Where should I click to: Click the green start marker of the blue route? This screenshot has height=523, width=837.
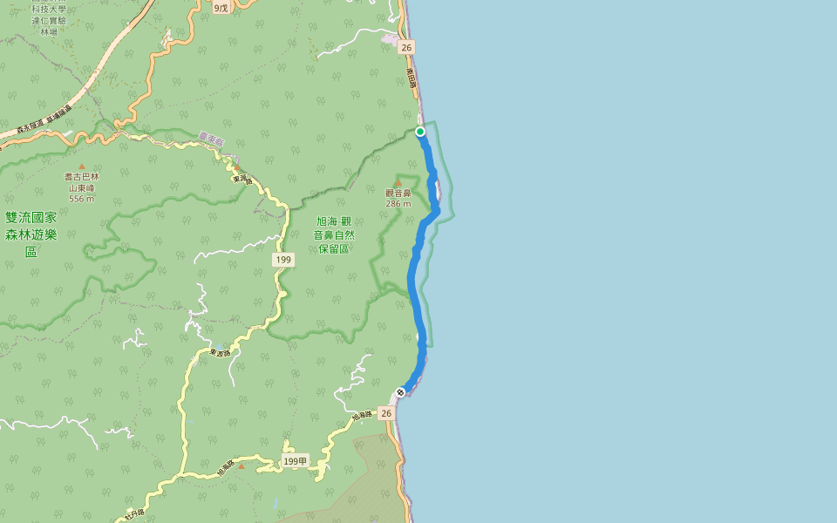click(x=420, y=132)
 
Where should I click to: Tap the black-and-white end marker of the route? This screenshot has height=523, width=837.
click(x=400, y=392)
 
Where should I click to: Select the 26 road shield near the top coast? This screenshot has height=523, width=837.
click(x=406, y=47)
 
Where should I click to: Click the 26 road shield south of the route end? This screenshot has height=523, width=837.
click(x=385, y=413)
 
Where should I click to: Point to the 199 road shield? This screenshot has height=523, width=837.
click(x=282, y=260)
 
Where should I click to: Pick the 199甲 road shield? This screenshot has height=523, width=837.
click(x=296, y=460)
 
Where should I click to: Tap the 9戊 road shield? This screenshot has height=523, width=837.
click(x=221, y=7)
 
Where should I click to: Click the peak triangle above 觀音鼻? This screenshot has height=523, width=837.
click(x=398, y=183)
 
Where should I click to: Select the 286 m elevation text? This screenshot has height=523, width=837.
click(x=398, y=204)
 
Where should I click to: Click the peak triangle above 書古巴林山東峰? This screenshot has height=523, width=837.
click(x=82, y=166)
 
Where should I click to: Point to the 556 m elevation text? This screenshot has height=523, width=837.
click(x=81, y=198)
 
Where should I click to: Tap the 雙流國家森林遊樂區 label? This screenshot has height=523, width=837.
click(x=31, y=234)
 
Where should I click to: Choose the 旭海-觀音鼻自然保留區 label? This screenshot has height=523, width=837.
click(x=334, y=234)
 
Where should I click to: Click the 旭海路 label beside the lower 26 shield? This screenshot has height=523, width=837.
click(x=363, y=418)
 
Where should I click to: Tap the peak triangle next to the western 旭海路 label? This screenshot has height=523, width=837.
click(x=242, y=465)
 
